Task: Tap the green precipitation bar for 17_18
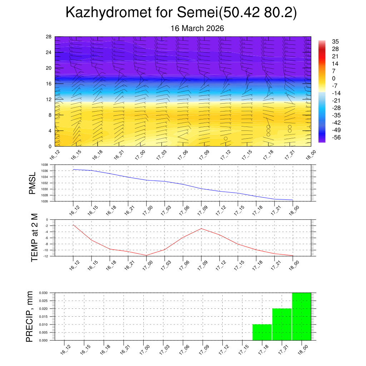pyautogui.click(x=262, y=332)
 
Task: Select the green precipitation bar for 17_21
pyautogui.click(x=282, y=324)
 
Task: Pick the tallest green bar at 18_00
pyautogui.click(x=301, y=316)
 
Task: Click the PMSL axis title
pyautogui.click(x=32, y=183)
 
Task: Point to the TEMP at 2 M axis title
pyautogui.click(x=34, y=237)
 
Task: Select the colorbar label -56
pyautogui.click(x=336, y=138)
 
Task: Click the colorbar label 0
pyautogui.click(x=333, y=79)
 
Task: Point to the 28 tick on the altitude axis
pyautogui.click(x=49, y=36)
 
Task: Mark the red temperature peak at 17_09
pyautogui.click(x=202, y=228)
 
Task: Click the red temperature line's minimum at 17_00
pyautogui.click(x=146, y=255)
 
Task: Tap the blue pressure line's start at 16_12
pyautogui.click(x=73, y=169)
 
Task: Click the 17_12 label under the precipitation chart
pyautogui.click(x=224, y=349)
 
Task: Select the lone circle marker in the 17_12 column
pyautogui.click(x=226, y=139)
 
